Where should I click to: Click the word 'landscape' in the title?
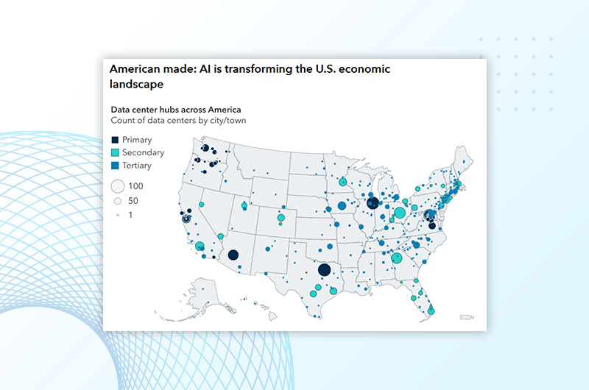click(136, 84)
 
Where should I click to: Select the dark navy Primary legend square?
click(115, 140)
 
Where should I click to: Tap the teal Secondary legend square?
click(115, 152)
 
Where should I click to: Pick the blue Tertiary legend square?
click(115, 165)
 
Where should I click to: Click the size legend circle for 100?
click(118, 186)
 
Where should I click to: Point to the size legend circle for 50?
click(118, 201)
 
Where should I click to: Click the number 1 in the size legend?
click(130, 215)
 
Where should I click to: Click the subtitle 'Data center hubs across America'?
click(176, 110)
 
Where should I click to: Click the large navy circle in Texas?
click(324, 270)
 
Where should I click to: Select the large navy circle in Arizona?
click(233, 255)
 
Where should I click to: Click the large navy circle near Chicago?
click(373, 203)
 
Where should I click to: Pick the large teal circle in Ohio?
click(400, 213)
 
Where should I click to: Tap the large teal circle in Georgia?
click(397, 258)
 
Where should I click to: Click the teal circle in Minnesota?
click(342, 182)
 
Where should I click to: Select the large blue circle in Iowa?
click(342, 206)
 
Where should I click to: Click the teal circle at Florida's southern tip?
click(431, 311)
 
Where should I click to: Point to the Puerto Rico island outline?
click(467, 318)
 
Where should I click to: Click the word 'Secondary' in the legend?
click(143, 152)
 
